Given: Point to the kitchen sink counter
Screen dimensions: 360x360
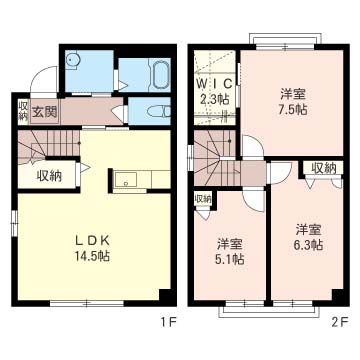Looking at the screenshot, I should pos(127,180).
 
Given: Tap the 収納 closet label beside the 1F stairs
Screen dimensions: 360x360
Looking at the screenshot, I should pos(48,176).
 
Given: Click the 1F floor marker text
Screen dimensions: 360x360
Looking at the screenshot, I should pos(168,323).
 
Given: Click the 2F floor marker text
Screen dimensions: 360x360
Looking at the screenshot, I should pos(338,323).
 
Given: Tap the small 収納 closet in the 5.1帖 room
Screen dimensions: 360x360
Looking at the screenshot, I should pos(203,199).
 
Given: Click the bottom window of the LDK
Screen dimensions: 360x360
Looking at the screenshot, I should pos(86,302).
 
